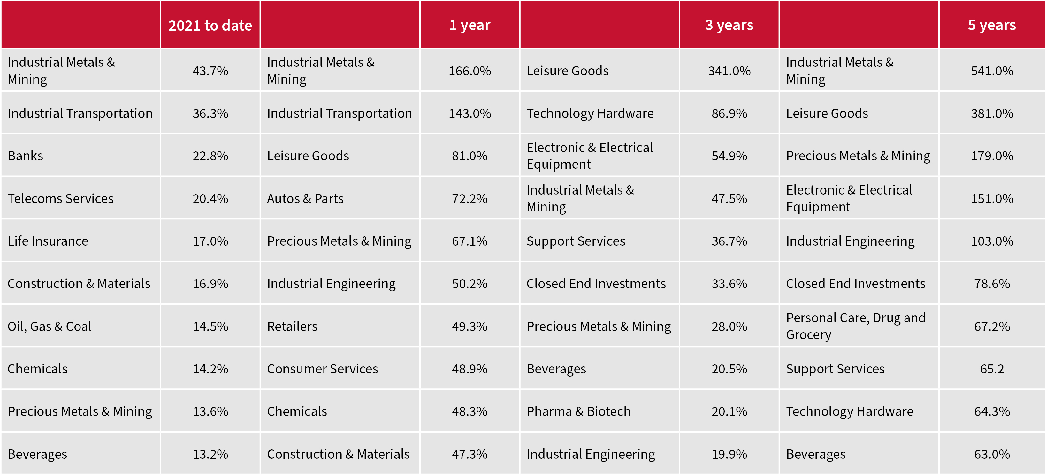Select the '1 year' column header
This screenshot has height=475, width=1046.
pyautogui.click(x=470, y=25)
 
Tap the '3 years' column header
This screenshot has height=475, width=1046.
pyautogui.click(x=729, y=25)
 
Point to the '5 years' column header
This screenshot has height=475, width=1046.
pyautogui.click(x=992, y=25)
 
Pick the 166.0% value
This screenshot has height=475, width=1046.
pyautogui.click(x=470, y=71)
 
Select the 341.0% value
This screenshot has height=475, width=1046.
pyautogui.click(x=729, y=71)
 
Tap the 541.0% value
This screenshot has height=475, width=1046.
pyautogui.click(x=992, y=71)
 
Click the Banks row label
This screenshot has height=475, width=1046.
pyautogui.click(x=25, y=156)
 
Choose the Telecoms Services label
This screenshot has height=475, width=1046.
pyautogui.click(x=60, y=198)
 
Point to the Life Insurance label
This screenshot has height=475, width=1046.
pyautogui.click(x=48, y=241)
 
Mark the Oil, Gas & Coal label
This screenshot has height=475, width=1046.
pyautogui.click(x=49, y=326)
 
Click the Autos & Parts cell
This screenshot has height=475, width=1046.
pyautogui.click(x=305, y=198)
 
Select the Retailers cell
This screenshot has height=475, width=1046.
pyautogui.click(x=292, y=326)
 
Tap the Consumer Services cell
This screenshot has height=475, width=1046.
pyautogui.click(x=322, y=369)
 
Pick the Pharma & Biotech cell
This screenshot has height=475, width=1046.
pyautogui.click(x=578, y=411)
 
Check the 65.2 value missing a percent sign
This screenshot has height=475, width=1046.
pyautogui.click(x=992, y=369)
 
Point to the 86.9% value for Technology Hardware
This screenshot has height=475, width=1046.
pyautogui.click(x=729, y=113)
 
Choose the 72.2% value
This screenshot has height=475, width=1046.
pyautogui.click(x=470, y=198)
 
